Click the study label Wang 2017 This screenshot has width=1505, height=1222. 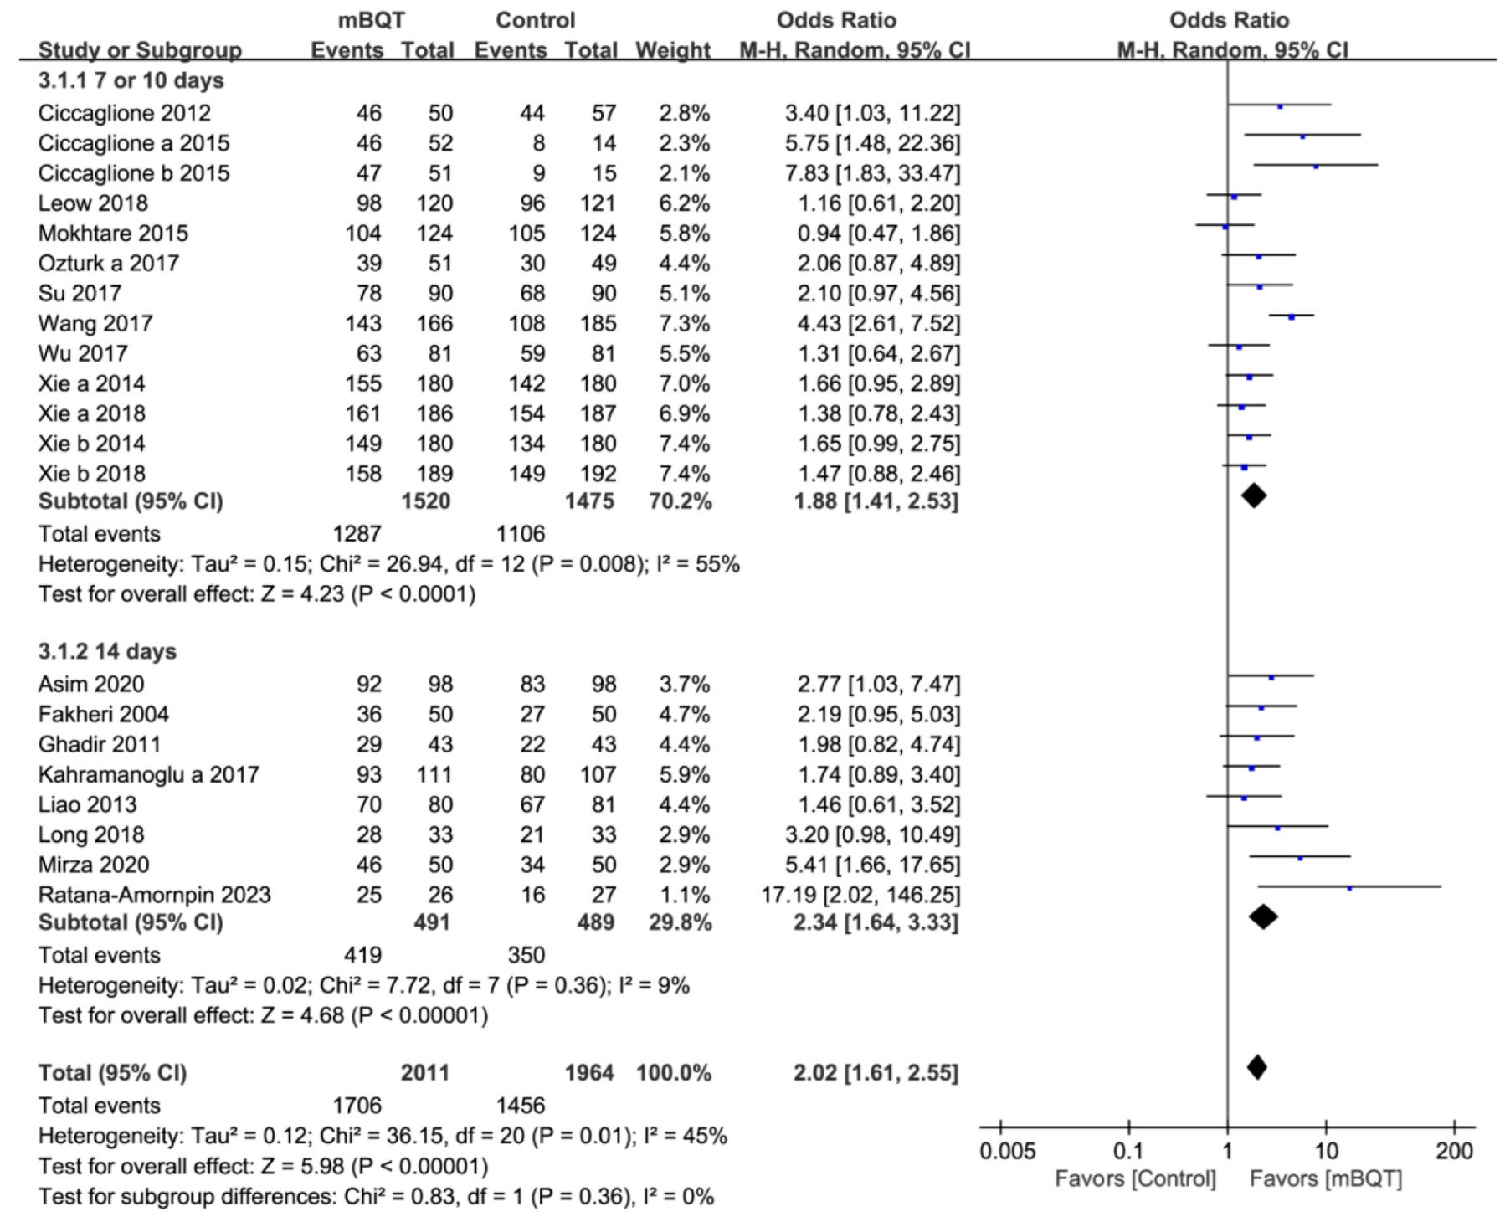pos(95,323)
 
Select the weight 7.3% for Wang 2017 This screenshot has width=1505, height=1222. pos(684,323)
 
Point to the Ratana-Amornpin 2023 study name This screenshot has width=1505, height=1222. pos(154,895)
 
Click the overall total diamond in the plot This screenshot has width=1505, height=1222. pos(1256,1067)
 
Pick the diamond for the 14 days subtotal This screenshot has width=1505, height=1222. pos(1263,917)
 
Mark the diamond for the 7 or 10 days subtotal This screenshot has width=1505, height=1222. pos(1253,496)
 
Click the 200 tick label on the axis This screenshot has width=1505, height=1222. pos(1454,1152)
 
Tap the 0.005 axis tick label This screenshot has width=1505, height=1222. pos(1007,1152)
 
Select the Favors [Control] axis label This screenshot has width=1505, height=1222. pos(1135,1179)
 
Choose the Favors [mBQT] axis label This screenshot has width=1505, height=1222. pos(1325,1179)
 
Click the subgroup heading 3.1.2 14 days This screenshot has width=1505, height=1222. pos(107,651)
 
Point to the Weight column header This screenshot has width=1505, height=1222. pos(672,50)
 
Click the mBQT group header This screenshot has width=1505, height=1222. pos(371,20)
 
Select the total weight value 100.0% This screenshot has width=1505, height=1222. pos(673,1073)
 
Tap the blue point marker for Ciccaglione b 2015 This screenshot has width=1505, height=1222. pos(1315,167)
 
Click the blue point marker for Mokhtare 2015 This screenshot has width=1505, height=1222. pos(1225,227)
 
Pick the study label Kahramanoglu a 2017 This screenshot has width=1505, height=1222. pos(148,774)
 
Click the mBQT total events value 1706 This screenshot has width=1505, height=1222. pos(357,1106)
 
